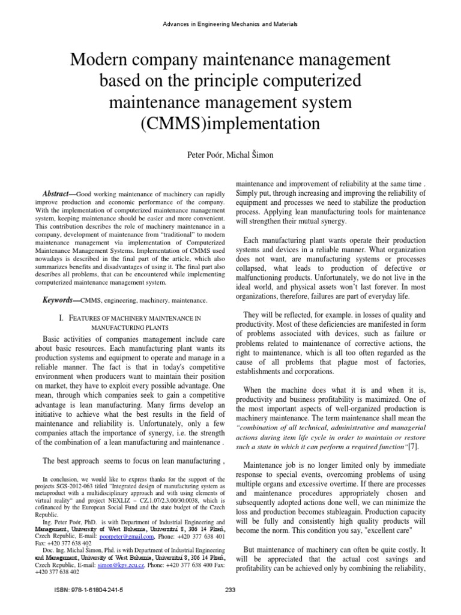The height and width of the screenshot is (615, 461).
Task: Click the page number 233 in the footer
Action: click(x=230, y=590)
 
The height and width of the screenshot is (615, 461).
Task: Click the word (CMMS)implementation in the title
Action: click(x=230, y=124)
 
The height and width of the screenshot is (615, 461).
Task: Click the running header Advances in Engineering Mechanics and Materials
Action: click(x=230, y=24)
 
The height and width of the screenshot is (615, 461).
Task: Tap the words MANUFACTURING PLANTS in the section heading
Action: click(x=128, y=329)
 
